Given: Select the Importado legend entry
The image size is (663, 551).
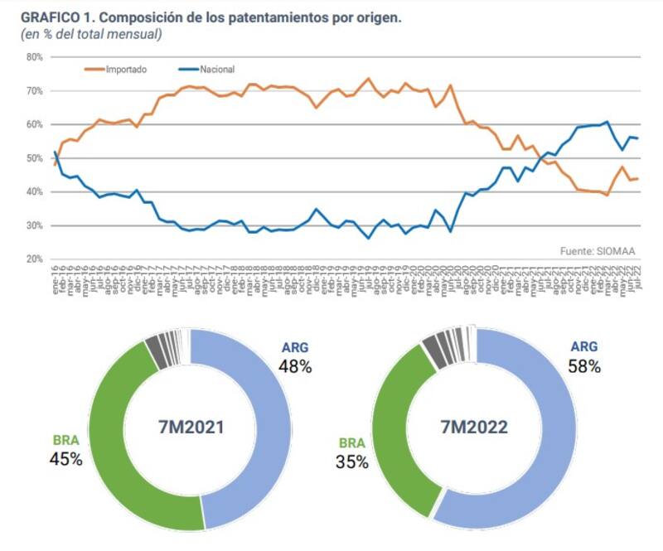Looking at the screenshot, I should pyautogui.click(x=125, y=70).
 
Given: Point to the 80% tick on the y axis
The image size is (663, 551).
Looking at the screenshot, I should pyautogui.click(x=34, y=57).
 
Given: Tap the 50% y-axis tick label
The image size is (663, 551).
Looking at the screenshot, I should pyautogui.click(x=34, y=158).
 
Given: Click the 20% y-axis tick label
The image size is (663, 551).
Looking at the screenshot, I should pyautogui.click(x=34, y=259).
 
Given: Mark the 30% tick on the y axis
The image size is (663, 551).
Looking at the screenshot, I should pyautogui.click(x=34, y=225).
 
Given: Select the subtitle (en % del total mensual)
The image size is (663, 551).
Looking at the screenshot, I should pyautogui.click(x=91, y=34).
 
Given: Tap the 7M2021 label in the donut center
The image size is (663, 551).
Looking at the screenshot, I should pyautogui.click(x=191, y=428).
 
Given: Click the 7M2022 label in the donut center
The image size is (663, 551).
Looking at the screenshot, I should pyautogui.click(x=475, y=428).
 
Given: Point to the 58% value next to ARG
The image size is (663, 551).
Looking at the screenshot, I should pyautogui.click(x=584, y=366).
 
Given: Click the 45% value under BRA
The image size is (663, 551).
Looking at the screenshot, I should pyautogui.click(x=65, y=458).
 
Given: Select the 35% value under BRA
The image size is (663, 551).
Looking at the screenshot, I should pyautogui.click(x=351, y=462).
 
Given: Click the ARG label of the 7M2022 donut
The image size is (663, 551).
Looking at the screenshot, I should pyautogui.click(x=583, y=346).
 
